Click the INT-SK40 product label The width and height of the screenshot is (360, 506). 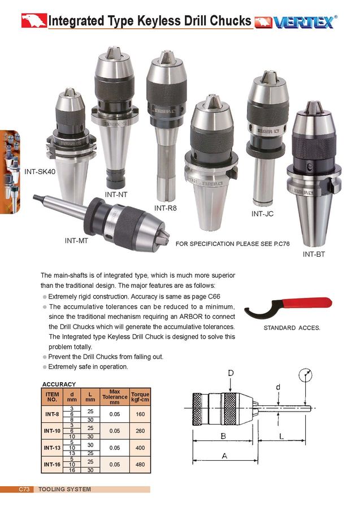[40, 171]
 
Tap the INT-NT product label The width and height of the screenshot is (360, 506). [116, 194]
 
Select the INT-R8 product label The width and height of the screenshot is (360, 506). [166, 208]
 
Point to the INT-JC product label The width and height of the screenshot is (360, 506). [263, 214]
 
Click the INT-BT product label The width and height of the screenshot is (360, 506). [315, 254]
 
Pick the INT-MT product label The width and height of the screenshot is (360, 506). [76, 240]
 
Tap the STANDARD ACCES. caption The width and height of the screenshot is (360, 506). [292, 328]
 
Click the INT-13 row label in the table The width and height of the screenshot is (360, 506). [52, 448]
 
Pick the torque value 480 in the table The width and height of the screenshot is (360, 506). [140, 465]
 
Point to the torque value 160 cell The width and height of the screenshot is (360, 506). [140, 414]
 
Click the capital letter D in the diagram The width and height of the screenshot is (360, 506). [231, 373]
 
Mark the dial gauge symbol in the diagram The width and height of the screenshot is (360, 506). [305, 375]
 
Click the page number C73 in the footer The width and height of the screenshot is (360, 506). [25, 489]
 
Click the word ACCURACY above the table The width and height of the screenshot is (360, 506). [59, 384]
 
